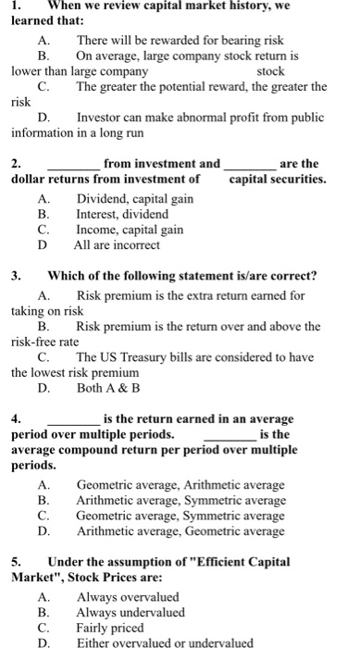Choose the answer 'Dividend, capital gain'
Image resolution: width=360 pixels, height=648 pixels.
point(134,199)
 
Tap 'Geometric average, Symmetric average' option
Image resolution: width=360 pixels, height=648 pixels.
point(180,516)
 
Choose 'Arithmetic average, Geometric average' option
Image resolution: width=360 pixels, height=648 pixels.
point(180,531)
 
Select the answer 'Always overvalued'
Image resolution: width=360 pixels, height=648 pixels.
point(128,596)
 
